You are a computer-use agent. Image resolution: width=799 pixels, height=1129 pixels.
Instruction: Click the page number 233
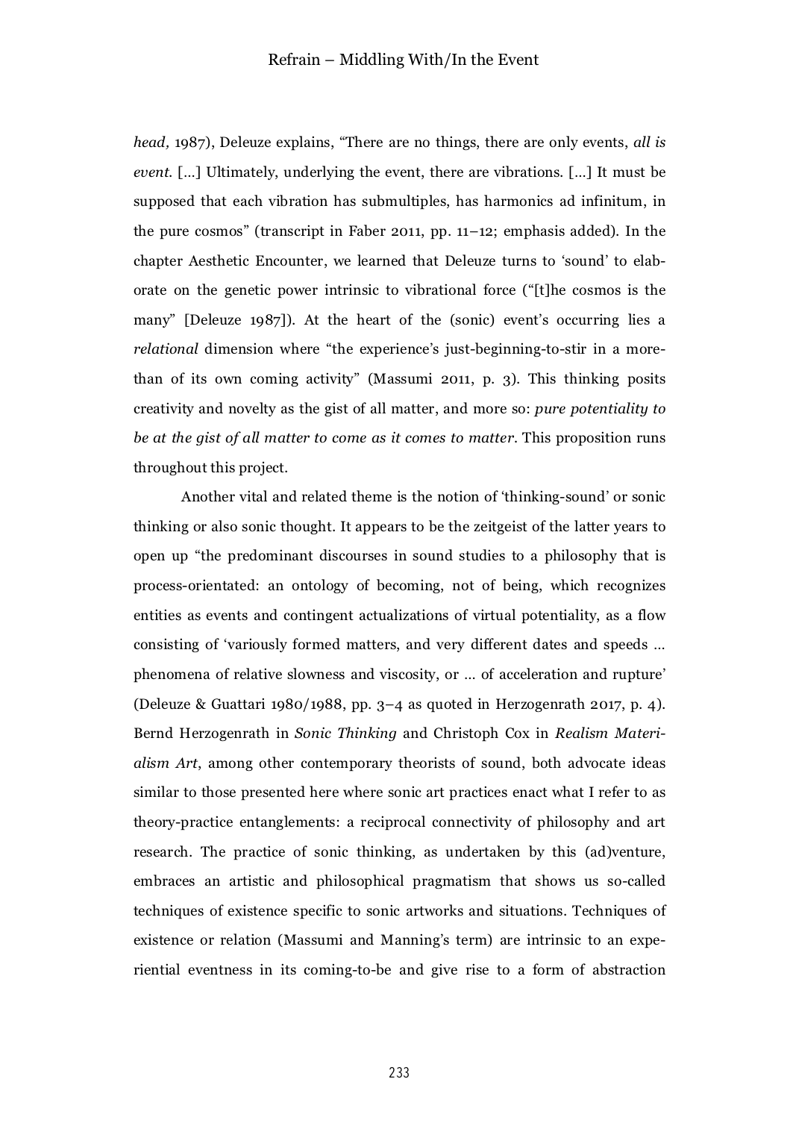(399, 1073)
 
